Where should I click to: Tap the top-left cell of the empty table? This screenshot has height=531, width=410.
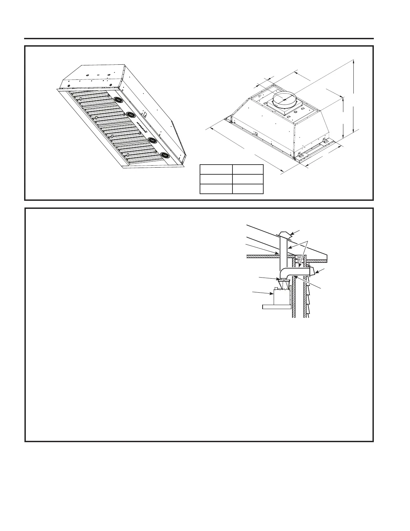[216, 170]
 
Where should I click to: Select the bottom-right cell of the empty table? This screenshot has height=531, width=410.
[248, 189]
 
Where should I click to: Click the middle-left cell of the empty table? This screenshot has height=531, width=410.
[216, 179]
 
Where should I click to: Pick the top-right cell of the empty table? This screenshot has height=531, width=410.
[248, 170]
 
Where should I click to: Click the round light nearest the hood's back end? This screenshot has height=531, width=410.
[118, 100]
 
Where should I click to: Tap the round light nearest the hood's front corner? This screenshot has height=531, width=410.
[165, 155]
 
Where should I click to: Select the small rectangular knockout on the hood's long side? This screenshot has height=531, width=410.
[145, 114]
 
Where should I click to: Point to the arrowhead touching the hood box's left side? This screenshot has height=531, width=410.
[272, 294]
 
